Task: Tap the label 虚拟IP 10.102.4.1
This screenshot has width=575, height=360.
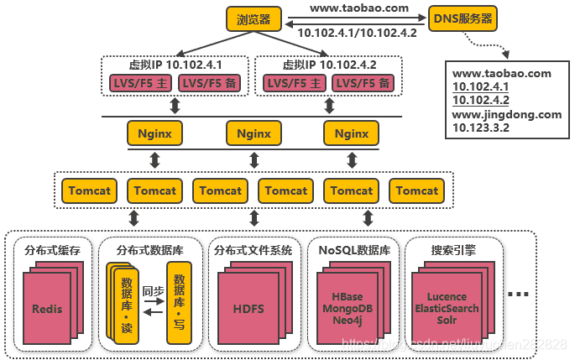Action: (175, 65)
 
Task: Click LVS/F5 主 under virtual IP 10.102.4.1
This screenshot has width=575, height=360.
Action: (140, 83)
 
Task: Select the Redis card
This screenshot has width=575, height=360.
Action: (47, 308)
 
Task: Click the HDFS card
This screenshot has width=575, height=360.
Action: (248, 308)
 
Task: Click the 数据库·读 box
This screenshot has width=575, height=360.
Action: (126, 304)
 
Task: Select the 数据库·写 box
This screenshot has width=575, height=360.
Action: (177, 304)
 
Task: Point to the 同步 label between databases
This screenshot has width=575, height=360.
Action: (152, 290)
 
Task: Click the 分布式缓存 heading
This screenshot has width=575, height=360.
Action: (52, 249)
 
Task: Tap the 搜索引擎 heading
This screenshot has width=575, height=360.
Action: (453, 249)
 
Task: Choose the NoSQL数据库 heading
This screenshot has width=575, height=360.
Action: (353, 249)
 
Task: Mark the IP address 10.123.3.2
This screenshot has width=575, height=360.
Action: (481, 128)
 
